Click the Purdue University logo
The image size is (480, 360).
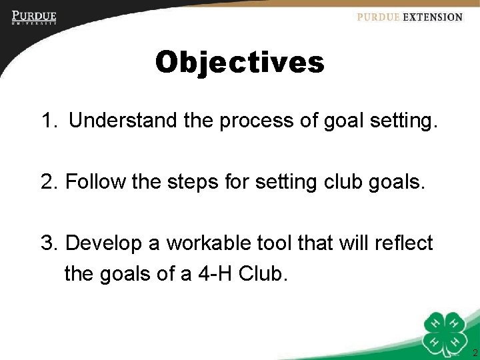(33, 17)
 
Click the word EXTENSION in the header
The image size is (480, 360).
(433, 17)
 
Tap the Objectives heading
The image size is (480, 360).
(239, 63)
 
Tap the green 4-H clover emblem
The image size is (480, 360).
(445, 333)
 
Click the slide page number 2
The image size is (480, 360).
(474, 352)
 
